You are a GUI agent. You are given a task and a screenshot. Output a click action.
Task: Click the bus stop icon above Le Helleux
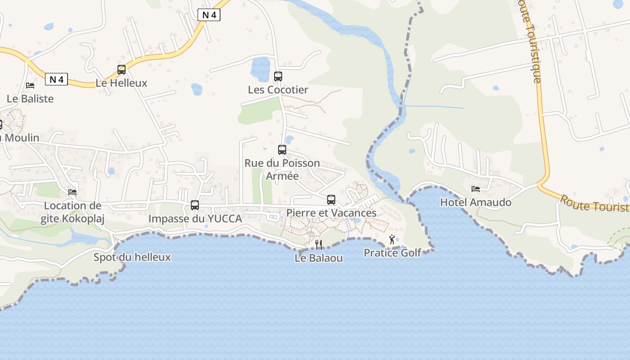[121, 70]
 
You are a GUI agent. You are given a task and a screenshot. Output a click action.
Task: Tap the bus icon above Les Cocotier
[278, 76]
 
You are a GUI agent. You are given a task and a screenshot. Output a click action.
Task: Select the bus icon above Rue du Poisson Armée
[282, 150]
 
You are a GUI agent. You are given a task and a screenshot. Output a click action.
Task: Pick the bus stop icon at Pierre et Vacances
[331, 199]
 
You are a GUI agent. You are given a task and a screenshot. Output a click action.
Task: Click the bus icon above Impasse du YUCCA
[195, 205]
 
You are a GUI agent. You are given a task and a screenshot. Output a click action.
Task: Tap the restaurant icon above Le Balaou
[319, 244]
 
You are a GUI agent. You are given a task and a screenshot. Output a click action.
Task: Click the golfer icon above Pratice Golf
[392, 239]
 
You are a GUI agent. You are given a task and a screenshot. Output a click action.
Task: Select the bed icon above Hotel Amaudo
[476, 189]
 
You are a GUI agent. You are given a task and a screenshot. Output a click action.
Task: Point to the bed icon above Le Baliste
[30, 85]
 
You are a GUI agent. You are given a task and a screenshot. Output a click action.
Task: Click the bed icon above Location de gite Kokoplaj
[72, 192]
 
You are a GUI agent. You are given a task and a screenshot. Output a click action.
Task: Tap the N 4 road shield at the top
[209, 15]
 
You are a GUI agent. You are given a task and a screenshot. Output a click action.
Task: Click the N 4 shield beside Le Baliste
[56, 80]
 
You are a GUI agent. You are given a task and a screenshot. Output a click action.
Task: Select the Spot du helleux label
[132, 257]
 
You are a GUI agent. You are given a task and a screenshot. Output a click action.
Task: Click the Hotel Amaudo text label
[476, 202]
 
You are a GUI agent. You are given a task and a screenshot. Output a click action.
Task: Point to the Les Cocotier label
[278, 90]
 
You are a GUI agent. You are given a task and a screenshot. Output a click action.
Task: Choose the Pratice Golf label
[392, 253]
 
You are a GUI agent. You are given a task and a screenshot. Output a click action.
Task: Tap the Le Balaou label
[319, 258]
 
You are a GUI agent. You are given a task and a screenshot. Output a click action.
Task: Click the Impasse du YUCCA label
[195, 219]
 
